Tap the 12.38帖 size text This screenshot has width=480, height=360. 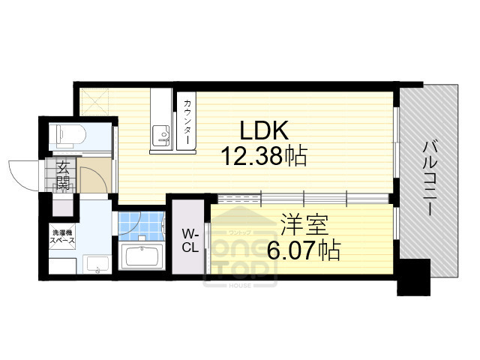pos(263,156)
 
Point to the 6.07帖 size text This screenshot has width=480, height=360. pos(303,249)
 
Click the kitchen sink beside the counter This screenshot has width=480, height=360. pos(162,135)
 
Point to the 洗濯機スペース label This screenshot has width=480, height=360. pos(61,237)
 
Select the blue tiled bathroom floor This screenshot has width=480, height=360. pos(140,225)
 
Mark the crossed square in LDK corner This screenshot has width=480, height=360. pos(95,100)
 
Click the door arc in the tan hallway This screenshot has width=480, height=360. pos(92,180)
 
